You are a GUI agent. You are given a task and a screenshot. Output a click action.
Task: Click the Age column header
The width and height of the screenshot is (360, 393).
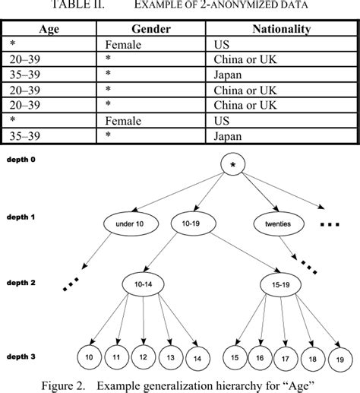[x=52, y=29]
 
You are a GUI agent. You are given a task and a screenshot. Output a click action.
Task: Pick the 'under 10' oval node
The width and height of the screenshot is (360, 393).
[x=131, y=224]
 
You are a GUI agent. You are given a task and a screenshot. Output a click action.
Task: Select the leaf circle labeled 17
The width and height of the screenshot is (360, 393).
[x=286, y=357]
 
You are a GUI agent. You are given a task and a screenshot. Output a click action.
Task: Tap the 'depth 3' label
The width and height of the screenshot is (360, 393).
[x=23, y=356]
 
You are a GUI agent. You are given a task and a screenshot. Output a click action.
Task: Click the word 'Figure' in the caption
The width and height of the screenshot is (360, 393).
[x=63, y=382]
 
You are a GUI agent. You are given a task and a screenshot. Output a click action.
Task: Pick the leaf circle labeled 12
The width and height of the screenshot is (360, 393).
[x=141, y=357]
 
